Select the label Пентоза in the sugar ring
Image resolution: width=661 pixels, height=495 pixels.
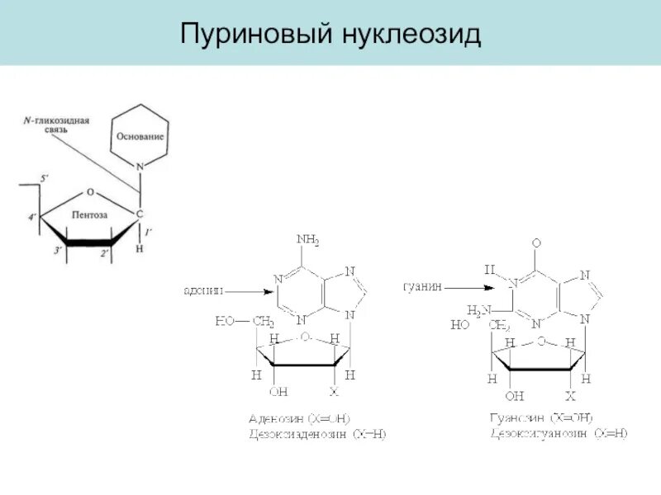[x=90, y=214]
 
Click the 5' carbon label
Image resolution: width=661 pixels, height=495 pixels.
[x=45, y=177]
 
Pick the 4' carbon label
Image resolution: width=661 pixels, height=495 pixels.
[x=32, y=218]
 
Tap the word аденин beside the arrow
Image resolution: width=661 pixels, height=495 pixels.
[x=202, y=290]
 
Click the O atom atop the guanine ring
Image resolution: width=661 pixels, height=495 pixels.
[x=536, y=243]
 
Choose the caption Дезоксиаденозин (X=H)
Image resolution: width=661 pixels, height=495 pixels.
[x=316, y=433]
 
